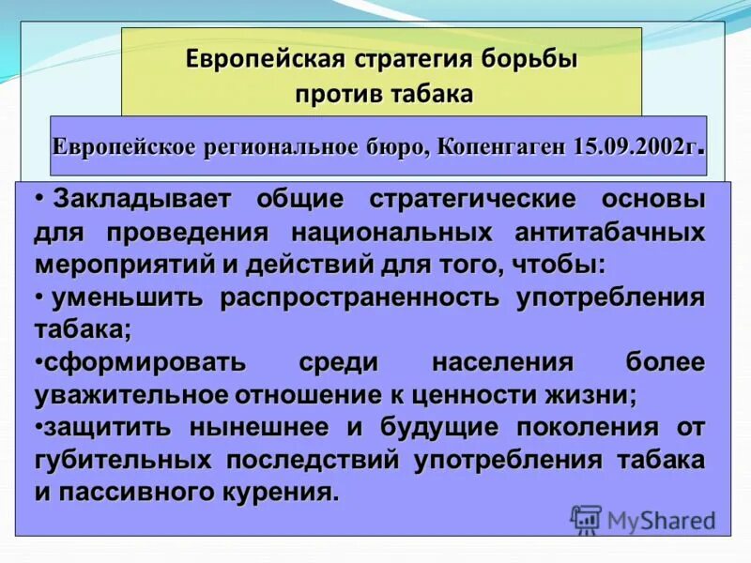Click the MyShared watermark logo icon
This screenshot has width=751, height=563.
586,519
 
